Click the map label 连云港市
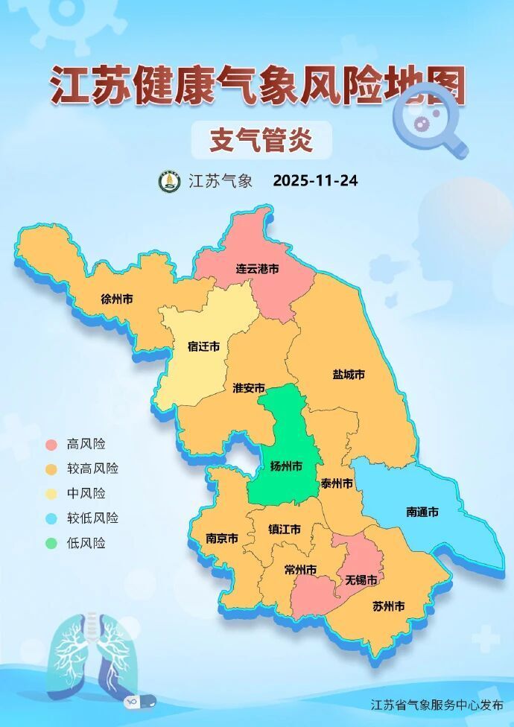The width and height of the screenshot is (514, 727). pyautogui.click(x=257, y=268)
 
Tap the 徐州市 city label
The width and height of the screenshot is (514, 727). pyautogui.click(x=117, y=299)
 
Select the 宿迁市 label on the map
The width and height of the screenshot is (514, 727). pyautogui.click(x=203, y=346)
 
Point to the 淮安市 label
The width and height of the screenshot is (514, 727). pyautogui.click(x=249, y=388)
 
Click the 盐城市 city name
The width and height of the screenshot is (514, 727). pyautogui.click(x=349, y=374)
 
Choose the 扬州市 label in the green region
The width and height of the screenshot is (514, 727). pyautogui.click(x=286, y=466)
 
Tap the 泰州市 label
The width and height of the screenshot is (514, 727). pyautogui.click(x=337, y=483)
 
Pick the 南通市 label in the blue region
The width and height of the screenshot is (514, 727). pyautogui.click(x=422, y=512)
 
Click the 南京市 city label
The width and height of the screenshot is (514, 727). pyautogui.click(x=222, y=538)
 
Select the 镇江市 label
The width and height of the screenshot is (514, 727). pyautogui.click(x=285, y=529)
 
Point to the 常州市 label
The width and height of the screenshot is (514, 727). pyautogui.click(x=300, y=570)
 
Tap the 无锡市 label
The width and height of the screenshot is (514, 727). pyautogui.click(x=361, y=579)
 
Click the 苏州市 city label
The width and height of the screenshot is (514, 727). pyautogui.click(x=388, y=606)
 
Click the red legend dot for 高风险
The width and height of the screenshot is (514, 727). pyautogui.click(x=51, y=445)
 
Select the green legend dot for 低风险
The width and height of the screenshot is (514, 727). pyautogui.click(x=51, y=543)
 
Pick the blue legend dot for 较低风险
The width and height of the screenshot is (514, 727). pyautogui.click(x=51, y=518)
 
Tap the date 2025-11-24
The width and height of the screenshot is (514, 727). pyautogui.click(x=315, y=181)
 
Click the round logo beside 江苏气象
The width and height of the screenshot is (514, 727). pyautogui.click(x=169, y=181)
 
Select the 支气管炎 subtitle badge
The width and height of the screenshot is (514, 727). pyautogui.click(x=260, y=140)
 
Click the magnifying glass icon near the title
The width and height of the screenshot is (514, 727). pyautogui.click(x=427, y=121)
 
